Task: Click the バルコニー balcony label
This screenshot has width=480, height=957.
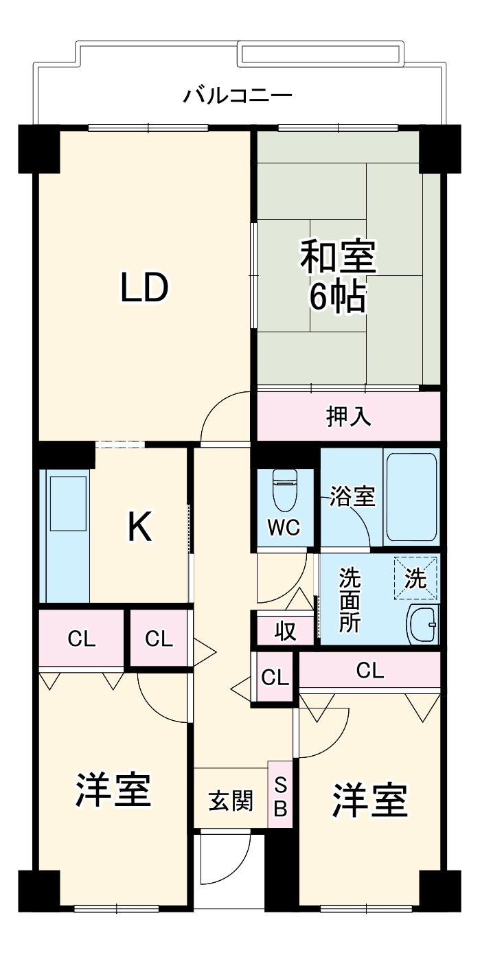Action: point(238,95)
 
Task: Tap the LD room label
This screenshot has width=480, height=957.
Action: point(144,288)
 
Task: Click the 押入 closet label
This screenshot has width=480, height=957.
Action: point(348,417)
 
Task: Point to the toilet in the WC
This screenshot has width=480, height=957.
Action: point(283,487)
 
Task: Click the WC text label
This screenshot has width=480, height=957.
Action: point(283,528)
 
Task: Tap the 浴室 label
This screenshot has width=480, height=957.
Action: point(352,497)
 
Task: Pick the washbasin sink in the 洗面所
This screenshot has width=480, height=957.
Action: point(422,623)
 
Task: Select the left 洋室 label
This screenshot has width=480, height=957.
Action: point(113,789)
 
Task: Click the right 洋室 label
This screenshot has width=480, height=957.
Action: point(370,800)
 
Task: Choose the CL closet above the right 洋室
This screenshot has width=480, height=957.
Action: point(369,671)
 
